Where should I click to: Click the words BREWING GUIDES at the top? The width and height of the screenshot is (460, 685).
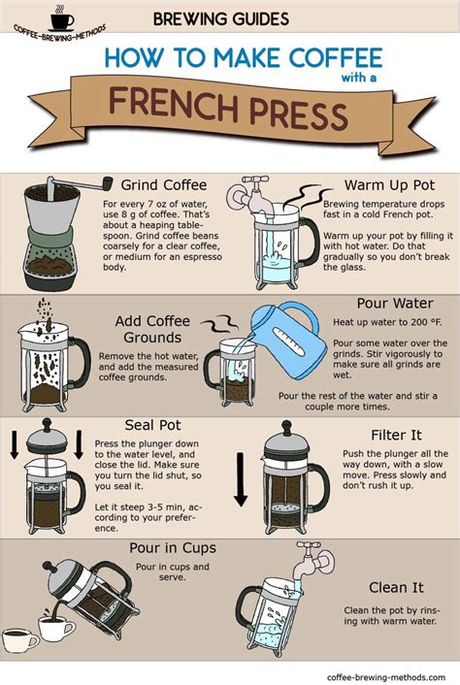click(x=220, y=17)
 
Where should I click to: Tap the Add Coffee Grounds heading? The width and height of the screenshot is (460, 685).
click(x=153, y=330)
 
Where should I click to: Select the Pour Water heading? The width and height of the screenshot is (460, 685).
click(x=394, y=304)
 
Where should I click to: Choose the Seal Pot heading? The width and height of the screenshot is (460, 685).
click(x=153, y=425)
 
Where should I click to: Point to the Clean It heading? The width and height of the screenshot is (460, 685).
click(x=395, y=588)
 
